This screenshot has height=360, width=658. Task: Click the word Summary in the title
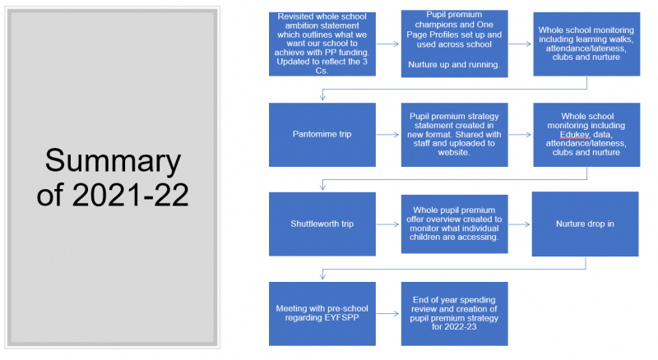click(113, 161)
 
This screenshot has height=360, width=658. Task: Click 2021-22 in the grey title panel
click(130, 195)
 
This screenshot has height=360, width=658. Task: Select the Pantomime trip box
click(322, 135)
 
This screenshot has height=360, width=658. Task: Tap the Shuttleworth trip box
click(322, 224)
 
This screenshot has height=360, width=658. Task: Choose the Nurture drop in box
click(585, 224)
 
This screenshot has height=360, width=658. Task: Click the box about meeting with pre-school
click(322, 313)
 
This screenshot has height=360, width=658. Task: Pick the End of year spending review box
click(455, 313)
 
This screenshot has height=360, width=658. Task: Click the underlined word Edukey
click(574, 135)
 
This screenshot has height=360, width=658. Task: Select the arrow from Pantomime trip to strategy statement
click(387, 135)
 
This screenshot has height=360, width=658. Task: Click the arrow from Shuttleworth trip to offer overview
click(387, 224)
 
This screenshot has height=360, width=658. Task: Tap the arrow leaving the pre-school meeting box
click(387, 313)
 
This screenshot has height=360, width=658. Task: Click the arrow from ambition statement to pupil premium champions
click(387, 44)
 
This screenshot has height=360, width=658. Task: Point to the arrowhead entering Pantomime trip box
click(322, 97)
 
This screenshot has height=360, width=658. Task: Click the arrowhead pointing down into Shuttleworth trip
click(322, 187)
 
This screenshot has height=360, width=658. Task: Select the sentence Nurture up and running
click(454, 65)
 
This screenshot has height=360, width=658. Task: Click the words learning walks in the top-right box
click(605, 39)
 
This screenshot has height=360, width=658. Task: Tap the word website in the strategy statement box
click(453, 152)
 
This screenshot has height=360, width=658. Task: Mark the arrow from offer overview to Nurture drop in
click(520, 224)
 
